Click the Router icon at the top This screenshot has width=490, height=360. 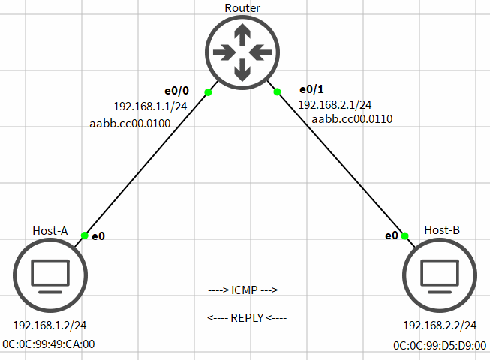tap(242, 52)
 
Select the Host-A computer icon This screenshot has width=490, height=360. tap(50, 275)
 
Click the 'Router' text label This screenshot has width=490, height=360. tap(242, 7)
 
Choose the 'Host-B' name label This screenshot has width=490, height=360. tap(441, 230)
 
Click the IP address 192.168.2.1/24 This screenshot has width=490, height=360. tap(335, 105)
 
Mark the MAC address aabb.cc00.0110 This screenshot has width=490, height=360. tap(352, 118)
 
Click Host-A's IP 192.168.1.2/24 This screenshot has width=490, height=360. tap(49, 326)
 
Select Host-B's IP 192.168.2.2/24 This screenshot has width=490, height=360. tap(440, 326)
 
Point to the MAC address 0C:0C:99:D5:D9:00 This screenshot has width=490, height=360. tap(439, 346)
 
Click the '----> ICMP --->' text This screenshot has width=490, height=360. tap(243, 289)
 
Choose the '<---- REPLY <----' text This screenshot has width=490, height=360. tap(247, 317)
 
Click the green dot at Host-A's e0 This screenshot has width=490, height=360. tap(85, 235)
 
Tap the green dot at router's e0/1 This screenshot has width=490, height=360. tap(277, 92)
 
